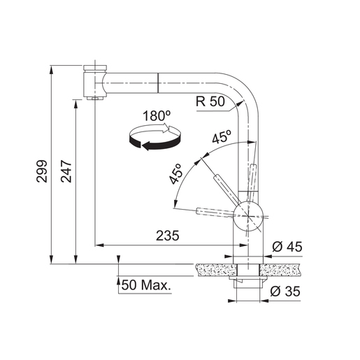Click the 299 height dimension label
click(x=41, y=172)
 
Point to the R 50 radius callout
click(x=211, y=101)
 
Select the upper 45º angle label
click(x=222, y=138)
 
